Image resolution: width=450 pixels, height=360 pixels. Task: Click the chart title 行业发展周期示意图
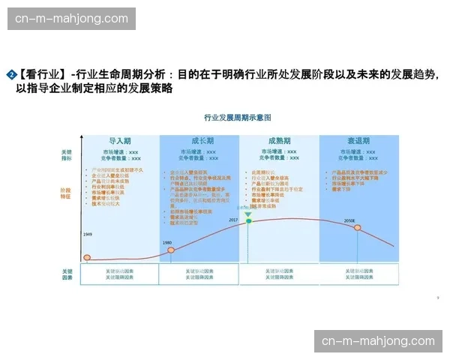click(237, 118)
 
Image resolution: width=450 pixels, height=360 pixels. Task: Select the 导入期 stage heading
click(120, 140)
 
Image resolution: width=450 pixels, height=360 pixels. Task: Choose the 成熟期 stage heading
click(279, 140)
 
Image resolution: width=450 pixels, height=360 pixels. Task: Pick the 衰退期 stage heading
click(358, 140)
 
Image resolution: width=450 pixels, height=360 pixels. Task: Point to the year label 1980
click(167, 242)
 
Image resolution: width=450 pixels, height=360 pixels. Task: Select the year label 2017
click(233, 220)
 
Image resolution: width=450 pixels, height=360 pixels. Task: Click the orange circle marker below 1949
click(87, 258)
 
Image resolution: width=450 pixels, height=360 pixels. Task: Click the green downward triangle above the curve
click(248, 214)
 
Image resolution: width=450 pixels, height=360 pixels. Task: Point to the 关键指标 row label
click(67, 155)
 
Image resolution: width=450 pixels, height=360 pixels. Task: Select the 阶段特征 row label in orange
click(67, 193)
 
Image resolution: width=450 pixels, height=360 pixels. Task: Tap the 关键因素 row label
click(67, 274)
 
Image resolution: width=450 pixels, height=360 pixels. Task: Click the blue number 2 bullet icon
click(11, 74)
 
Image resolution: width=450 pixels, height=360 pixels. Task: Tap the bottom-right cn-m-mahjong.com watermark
click(378, 341)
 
